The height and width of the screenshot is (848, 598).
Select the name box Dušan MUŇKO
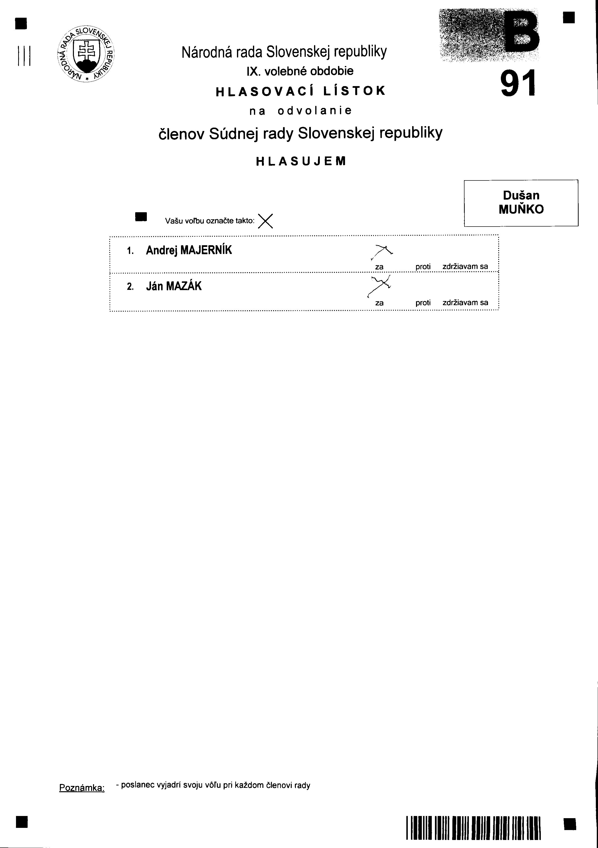click(521, 203)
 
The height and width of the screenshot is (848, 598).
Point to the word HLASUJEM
click(301, 161)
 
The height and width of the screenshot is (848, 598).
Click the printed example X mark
click(265, 221)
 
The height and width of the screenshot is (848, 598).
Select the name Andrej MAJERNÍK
click(189, 250)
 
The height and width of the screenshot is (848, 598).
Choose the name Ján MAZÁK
click(174, 286)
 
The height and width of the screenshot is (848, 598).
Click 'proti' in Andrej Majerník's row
click(423, 266)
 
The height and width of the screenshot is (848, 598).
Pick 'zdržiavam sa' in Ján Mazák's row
click(465, 302)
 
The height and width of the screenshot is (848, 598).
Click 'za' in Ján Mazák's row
click(379, 303)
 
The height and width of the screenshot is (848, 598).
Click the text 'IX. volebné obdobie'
click(300, 71)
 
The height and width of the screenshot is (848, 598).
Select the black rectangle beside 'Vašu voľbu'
click(141, 217)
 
